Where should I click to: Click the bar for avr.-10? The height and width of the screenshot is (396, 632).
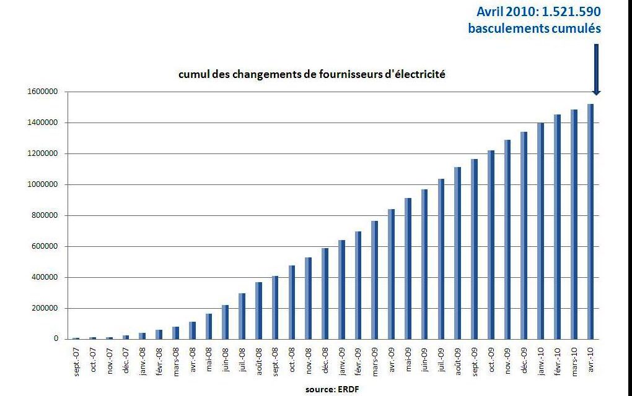(590, 222)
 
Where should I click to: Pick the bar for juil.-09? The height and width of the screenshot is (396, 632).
(441, 259)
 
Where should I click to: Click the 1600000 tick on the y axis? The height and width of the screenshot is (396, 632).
(42, 92)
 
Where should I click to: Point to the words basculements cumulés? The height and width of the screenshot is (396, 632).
(534, 28)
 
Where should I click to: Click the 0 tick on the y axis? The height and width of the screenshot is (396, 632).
(56, 339)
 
